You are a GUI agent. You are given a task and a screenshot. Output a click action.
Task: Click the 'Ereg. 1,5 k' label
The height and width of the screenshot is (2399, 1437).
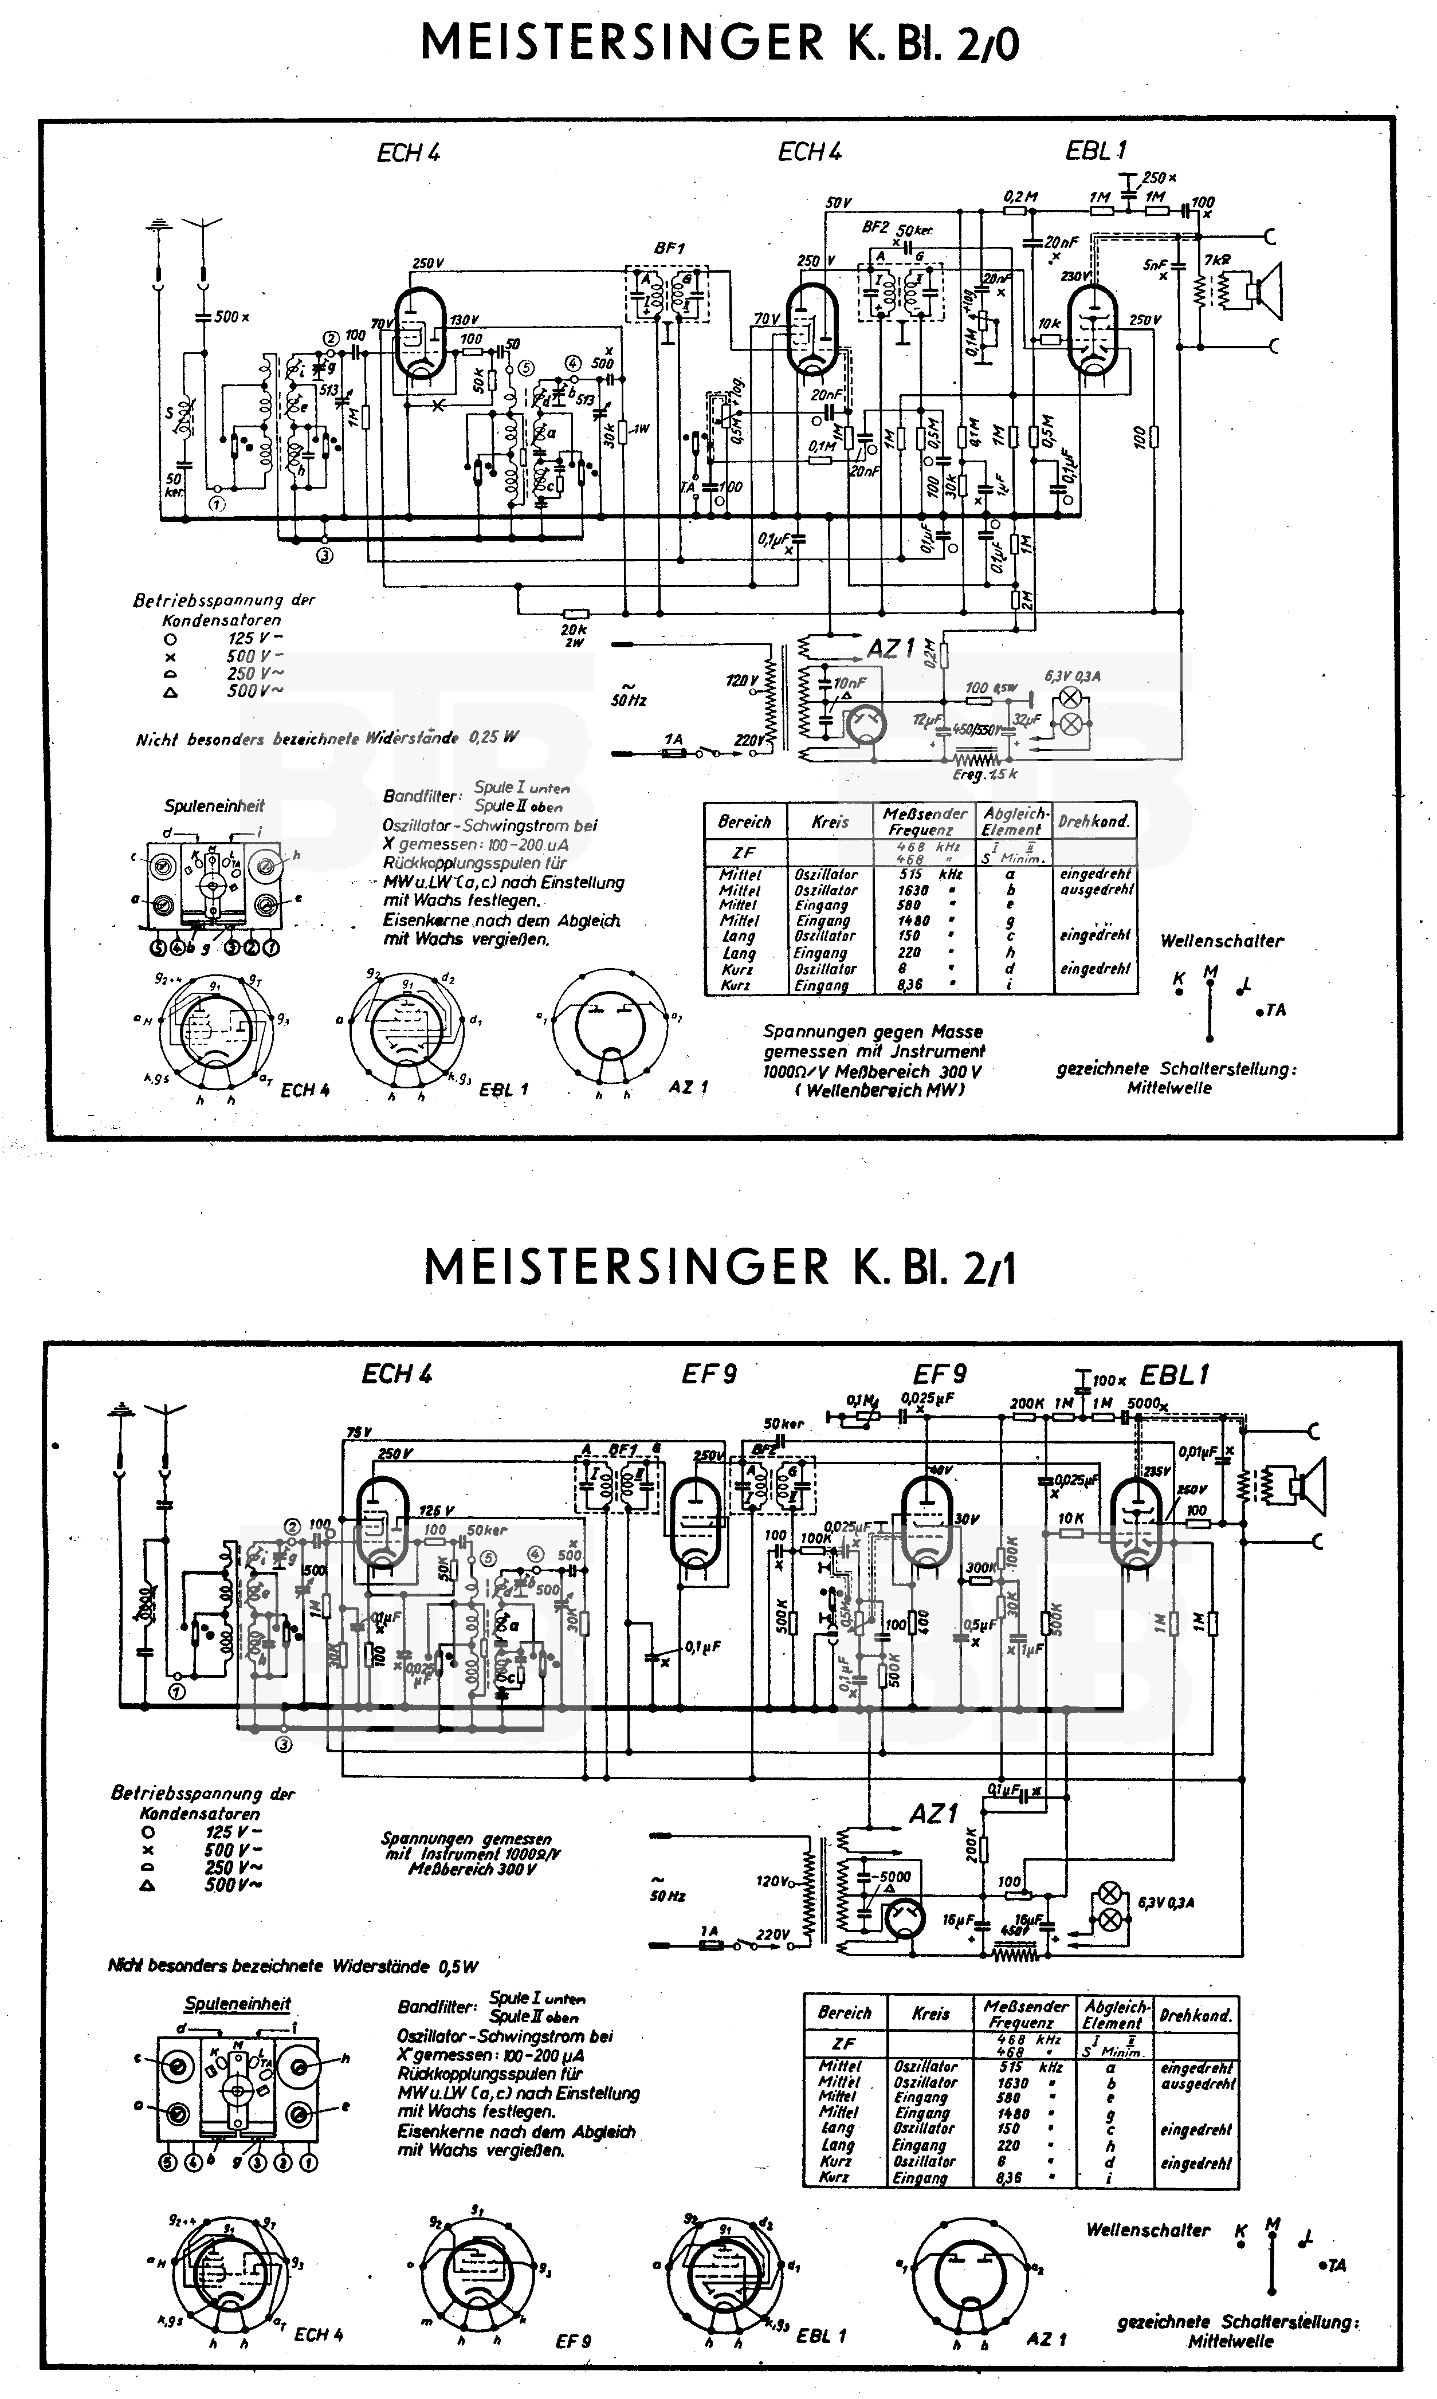point(985,774)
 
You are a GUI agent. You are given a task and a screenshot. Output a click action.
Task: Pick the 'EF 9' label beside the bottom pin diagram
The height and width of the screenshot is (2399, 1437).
point(573,2341)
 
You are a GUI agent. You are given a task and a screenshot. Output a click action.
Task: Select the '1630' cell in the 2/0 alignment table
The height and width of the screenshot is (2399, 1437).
point(913,890)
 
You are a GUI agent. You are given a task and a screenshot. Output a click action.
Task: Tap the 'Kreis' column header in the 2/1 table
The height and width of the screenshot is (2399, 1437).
point(930,2013)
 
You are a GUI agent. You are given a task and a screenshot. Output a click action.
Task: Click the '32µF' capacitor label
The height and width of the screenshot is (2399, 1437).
point(1026,719)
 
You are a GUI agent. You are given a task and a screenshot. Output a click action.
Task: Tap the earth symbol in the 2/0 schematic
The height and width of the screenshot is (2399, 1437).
point(157,227)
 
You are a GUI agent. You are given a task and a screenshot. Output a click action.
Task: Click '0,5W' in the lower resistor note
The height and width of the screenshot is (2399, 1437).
point(458,1967)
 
